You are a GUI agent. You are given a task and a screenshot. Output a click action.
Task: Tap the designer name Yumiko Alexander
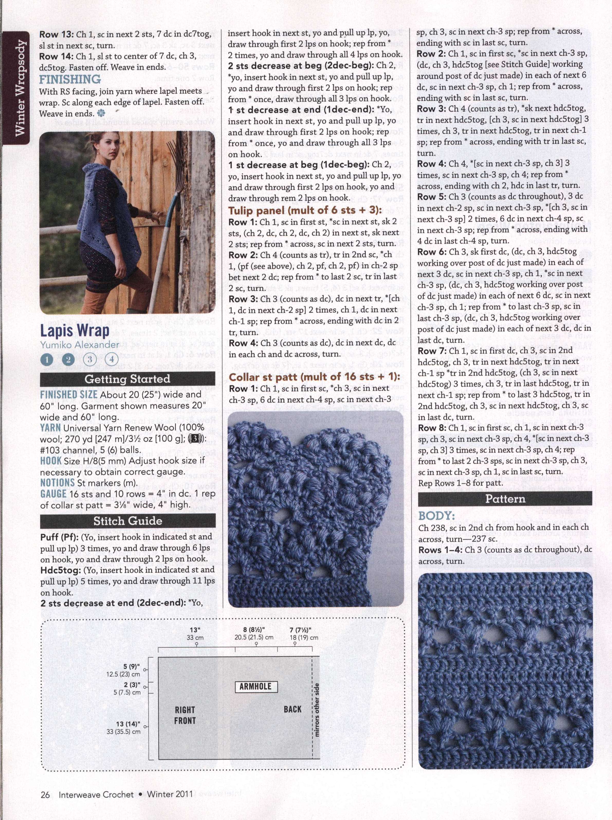click(80, 345)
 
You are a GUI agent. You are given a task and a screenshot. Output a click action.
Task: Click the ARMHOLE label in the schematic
click(255, 687)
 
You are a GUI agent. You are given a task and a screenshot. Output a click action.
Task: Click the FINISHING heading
click(70, 79)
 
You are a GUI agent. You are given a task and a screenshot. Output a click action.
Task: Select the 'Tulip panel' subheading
click(305, 211)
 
